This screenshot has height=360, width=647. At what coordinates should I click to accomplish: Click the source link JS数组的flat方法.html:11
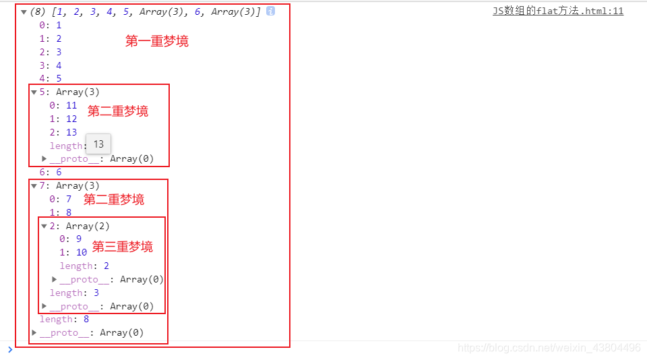(x=558, y=11)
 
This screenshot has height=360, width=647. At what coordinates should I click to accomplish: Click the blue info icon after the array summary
(x=270, y=11)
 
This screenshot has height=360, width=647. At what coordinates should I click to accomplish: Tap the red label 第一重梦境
(x=157, y=41)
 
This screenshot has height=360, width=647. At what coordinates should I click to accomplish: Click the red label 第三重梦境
(x=123, y=247)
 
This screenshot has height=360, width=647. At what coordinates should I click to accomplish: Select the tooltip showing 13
(x=98, y=144)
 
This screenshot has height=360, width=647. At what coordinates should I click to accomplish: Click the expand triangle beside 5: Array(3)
(x=34, y=92)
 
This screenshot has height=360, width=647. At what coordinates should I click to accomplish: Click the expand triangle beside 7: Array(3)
(x=34, y=186)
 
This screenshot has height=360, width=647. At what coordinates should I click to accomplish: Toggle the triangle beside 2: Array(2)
(x=44, y=227)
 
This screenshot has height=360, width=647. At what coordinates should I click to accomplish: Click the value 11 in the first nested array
(x=71, y=105)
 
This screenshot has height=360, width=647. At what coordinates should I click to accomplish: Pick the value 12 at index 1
(x=71, y=119)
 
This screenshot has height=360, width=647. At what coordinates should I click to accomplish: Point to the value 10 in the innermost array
(x=82, y=252)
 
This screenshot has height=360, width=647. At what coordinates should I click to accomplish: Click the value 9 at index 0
(x=78, y=239)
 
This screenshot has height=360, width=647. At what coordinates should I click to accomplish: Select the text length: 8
(x=64, y=319)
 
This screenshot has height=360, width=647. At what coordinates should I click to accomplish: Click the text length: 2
(x=84, y=266)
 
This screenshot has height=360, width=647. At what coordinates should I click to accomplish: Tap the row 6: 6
(x=50, y=172)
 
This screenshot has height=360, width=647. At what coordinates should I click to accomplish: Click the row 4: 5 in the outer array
(x=50, y=78)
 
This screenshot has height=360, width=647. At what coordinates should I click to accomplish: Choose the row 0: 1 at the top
(x=50, y=25)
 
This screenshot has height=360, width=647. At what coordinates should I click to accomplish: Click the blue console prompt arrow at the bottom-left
(x=9, y=349)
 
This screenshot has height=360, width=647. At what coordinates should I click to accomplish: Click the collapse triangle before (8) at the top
(x=24, y=11)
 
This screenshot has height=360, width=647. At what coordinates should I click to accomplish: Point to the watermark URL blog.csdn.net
(x=549, y=348)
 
